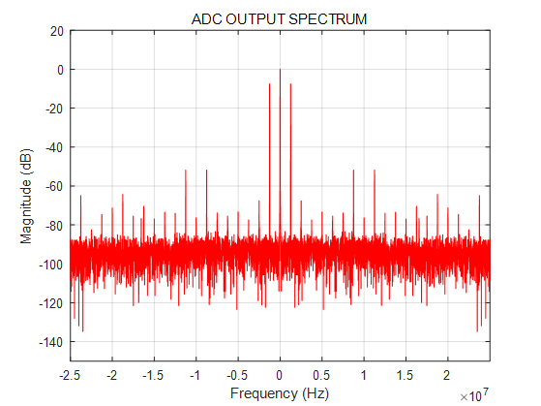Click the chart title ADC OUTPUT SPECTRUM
coord(280,18)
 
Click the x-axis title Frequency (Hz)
coord(279,393)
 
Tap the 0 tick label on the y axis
coord(60,70)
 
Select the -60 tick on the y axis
coord(54,186)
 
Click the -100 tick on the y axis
coord(51,265)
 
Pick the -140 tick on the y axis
coord(51,342)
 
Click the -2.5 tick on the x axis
coord(71,374)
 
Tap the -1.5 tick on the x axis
coord(154,374)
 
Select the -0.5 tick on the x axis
coord(237,374)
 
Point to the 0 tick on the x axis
coord(280,374)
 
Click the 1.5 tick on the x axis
coord(405,374)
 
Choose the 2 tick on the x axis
coord(446,374)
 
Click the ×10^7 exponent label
coord(474,394)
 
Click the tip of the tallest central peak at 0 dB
coord(280,70)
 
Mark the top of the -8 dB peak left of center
coord(269,84)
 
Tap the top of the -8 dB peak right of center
coord(290,84)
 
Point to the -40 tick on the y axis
coord(54,147)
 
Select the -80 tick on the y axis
coord(54,226)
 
